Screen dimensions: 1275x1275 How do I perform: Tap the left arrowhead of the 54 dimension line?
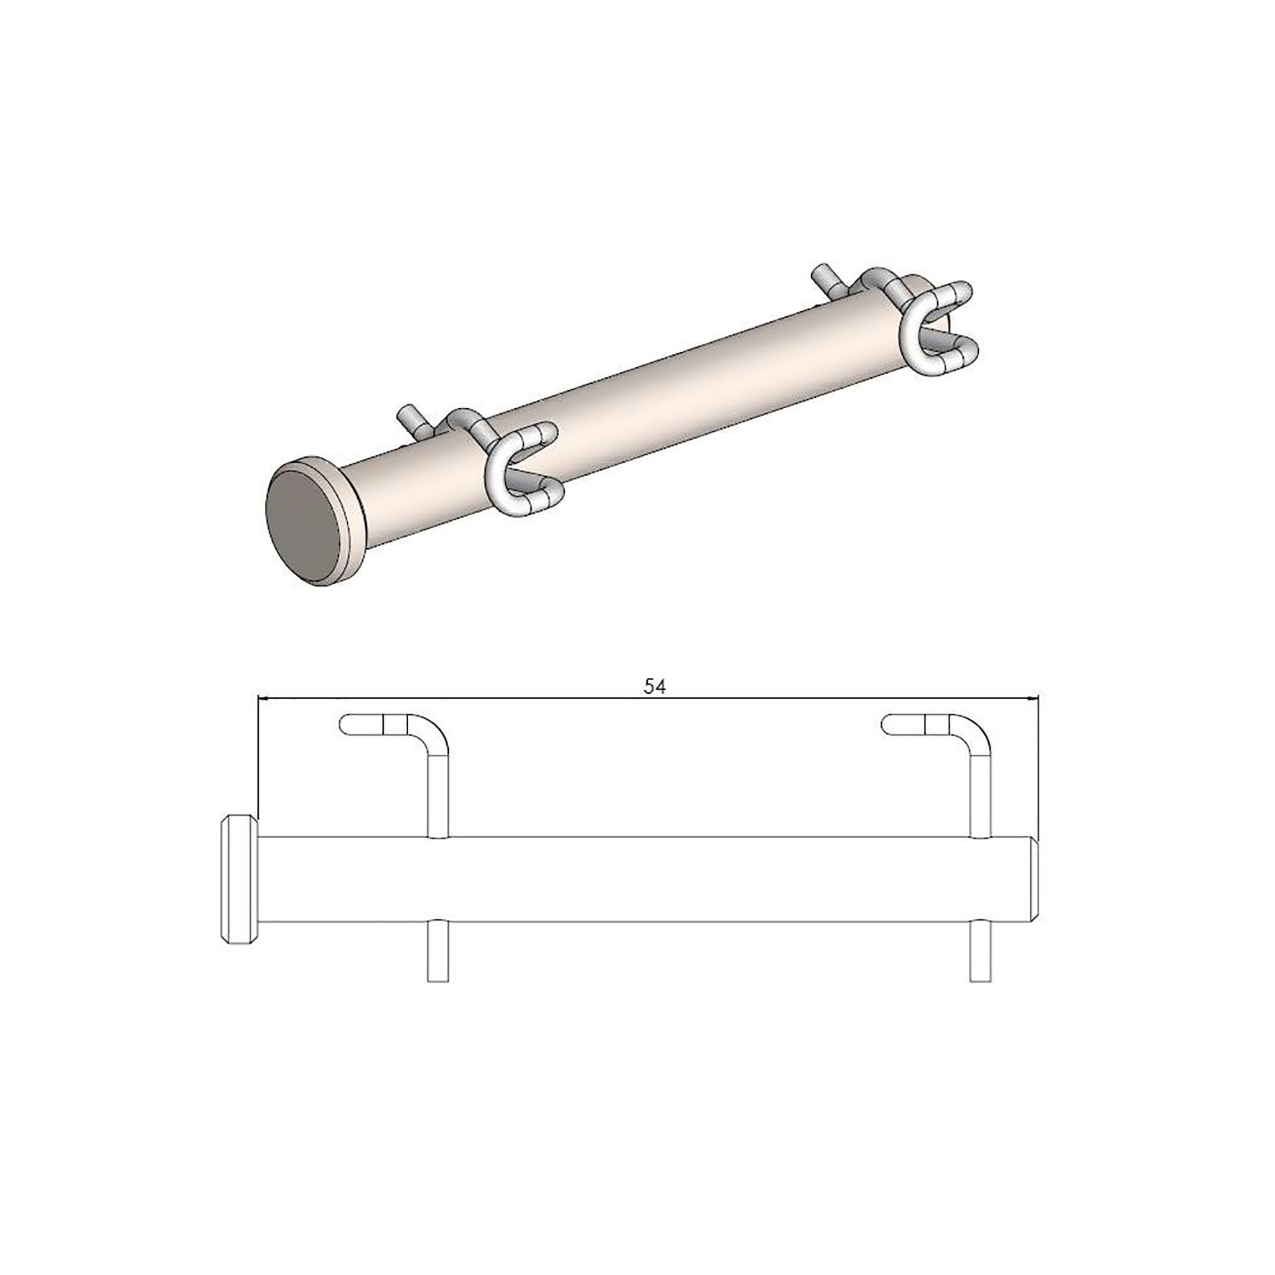(263, 698)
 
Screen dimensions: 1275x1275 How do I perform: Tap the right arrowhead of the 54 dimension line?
(1033, 698)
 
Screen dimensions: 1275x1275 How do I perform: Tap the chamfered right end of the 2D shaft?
(1034, 878)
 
